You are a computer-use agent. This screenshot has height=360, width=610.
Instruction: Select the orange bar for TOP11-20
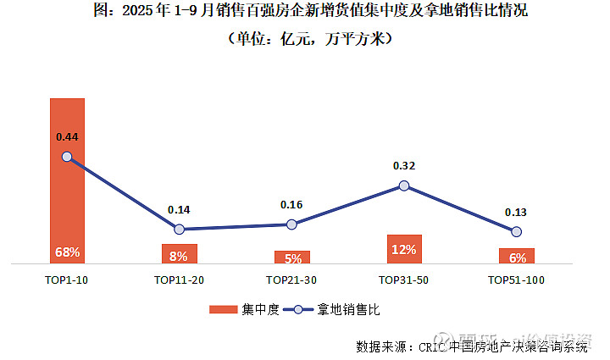[x=179, y=254]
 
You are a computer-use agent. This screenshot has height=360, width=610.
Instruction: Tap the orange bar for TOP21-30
[x=291, y=257]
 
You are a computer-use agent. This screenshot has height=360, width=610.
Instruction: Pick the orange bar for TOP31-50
[x=404, y=249]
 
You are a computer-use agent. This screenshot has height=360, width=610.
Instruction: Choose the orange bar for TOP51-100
[x=516, y=256]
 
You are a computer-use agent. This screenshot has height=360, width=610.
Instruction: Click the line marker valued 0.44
[x=67, y=157]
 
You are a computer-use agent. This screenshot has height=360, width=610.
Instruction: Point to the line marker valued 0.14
[x=179, y=229]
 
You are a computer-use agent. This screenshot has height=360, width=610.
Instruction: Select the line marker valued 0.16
[x=291, y=224]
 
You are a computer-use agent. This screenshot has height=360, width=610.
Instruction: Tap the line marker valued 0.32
[x=404, y=186]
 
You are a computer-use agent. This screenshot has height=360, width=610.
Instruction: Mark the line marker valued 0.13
[x=516, y=231]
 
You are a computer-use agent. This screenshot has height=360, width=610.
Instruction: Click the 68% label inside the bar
[x=67, y=252]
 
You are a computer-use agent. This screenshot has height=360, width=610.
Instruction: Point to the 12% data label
[x=404, y=249]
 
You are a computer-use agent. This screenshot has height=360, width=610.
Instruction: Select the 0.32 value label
[x=404, y=166]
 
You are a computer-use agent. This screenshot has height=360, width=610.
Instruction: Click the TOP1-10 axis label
[x=67, y=280]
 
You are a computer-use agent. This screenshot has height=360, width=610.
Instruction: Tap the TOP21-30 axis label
[x=291, y=280]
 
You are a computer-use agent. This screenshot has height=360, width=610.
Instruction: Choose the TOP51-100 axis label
[x=516, y=280]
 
